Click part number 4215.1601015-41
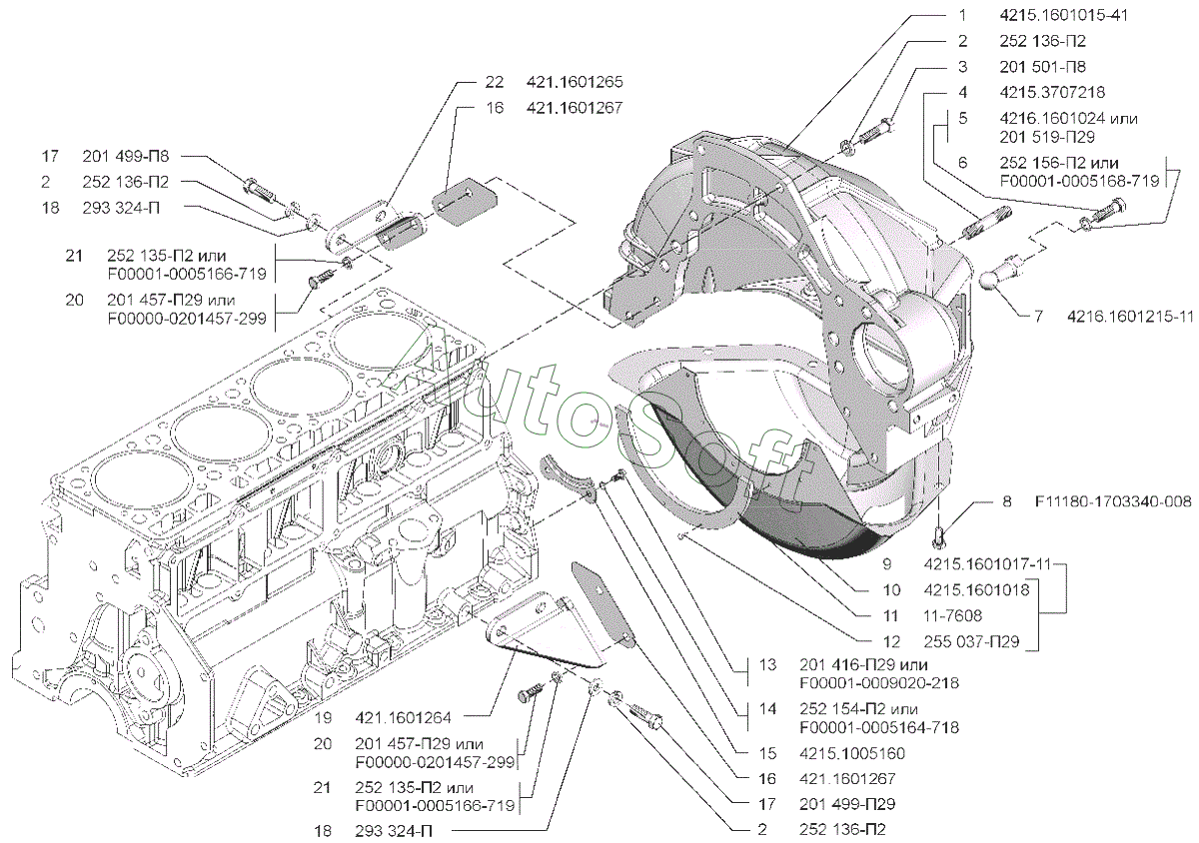1066,17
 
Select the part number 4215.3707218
1052,92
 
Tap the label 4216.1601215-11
1130,317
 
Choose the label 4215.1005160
850,753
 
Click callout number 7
1038,317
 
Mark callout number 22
496,82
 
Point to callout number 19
322,717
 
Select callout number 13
766,665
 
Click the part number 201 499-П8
126,157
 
